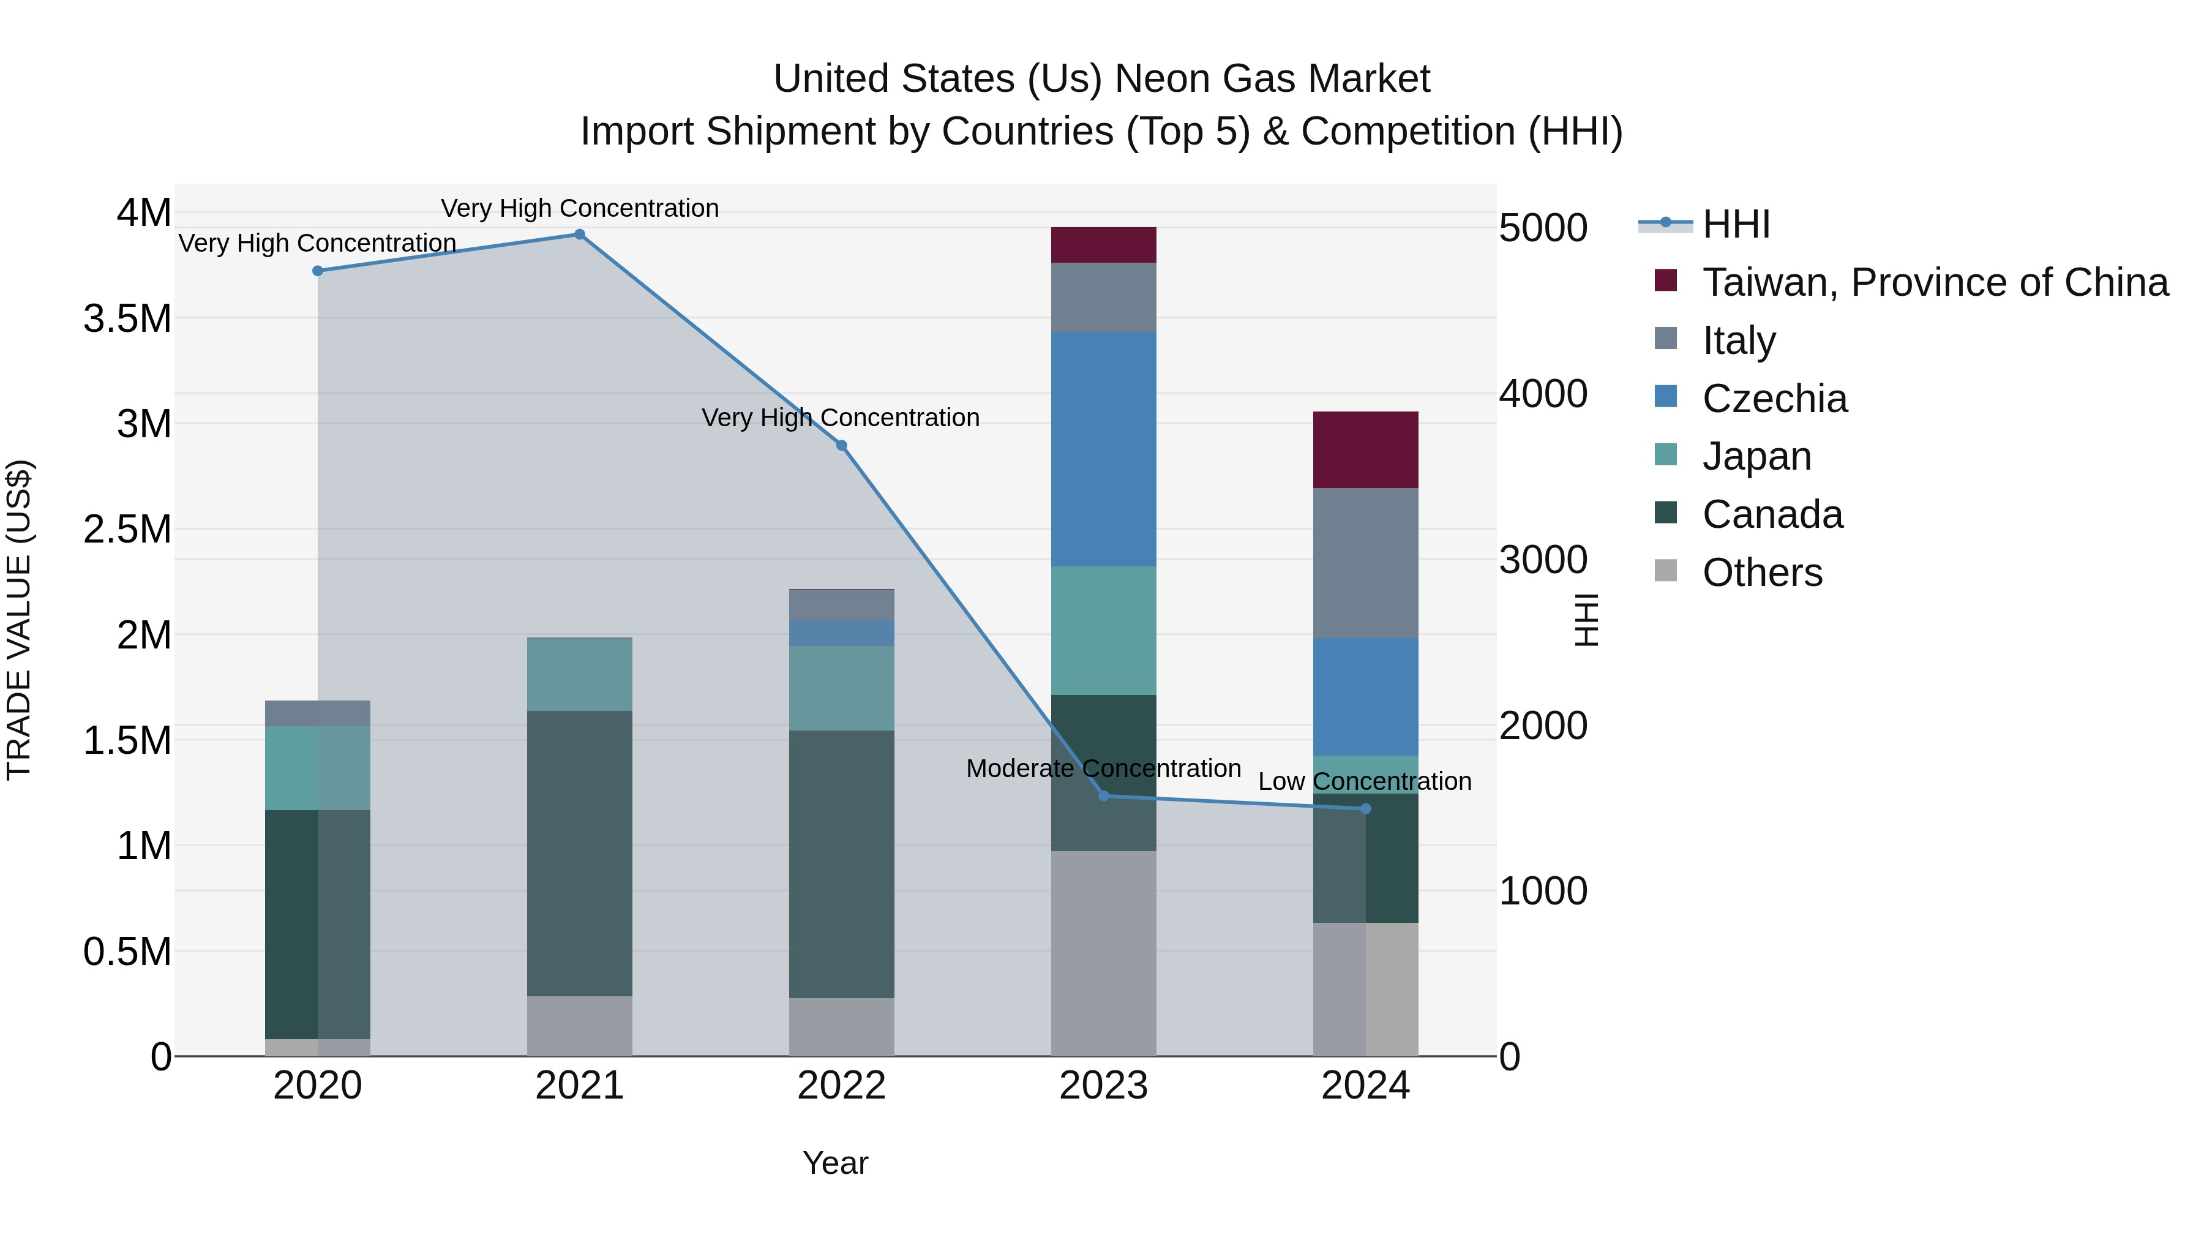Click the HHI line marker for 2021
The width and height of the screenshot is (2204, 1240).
coord(579,235)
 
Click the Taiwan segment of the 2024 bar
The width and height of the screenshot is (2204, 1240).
coord(1365,449)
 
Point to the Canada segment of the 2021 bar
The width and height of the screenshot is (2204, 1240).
coord(579,852)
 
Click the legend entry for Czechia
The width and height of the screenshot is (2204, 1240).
coord(1774,399)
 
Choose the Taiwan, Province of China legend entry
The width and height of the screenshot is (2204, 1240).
coord(1933,282)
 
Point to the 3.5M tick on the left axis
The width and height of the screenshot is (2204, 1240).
coord(127,318)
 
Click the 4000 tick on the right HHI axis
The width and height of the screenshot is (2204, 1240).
coord(1543,394)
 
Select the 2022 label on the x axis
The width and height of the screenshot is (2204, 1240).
coord(841,1086)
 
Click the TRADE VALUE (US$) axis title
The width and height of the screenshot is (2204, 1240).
coord(19,620)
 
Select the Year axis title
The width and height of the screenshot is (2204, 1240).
coord(835,1163)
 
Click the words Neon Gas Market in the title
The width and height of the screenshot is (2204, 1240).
coord(1272,79)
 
